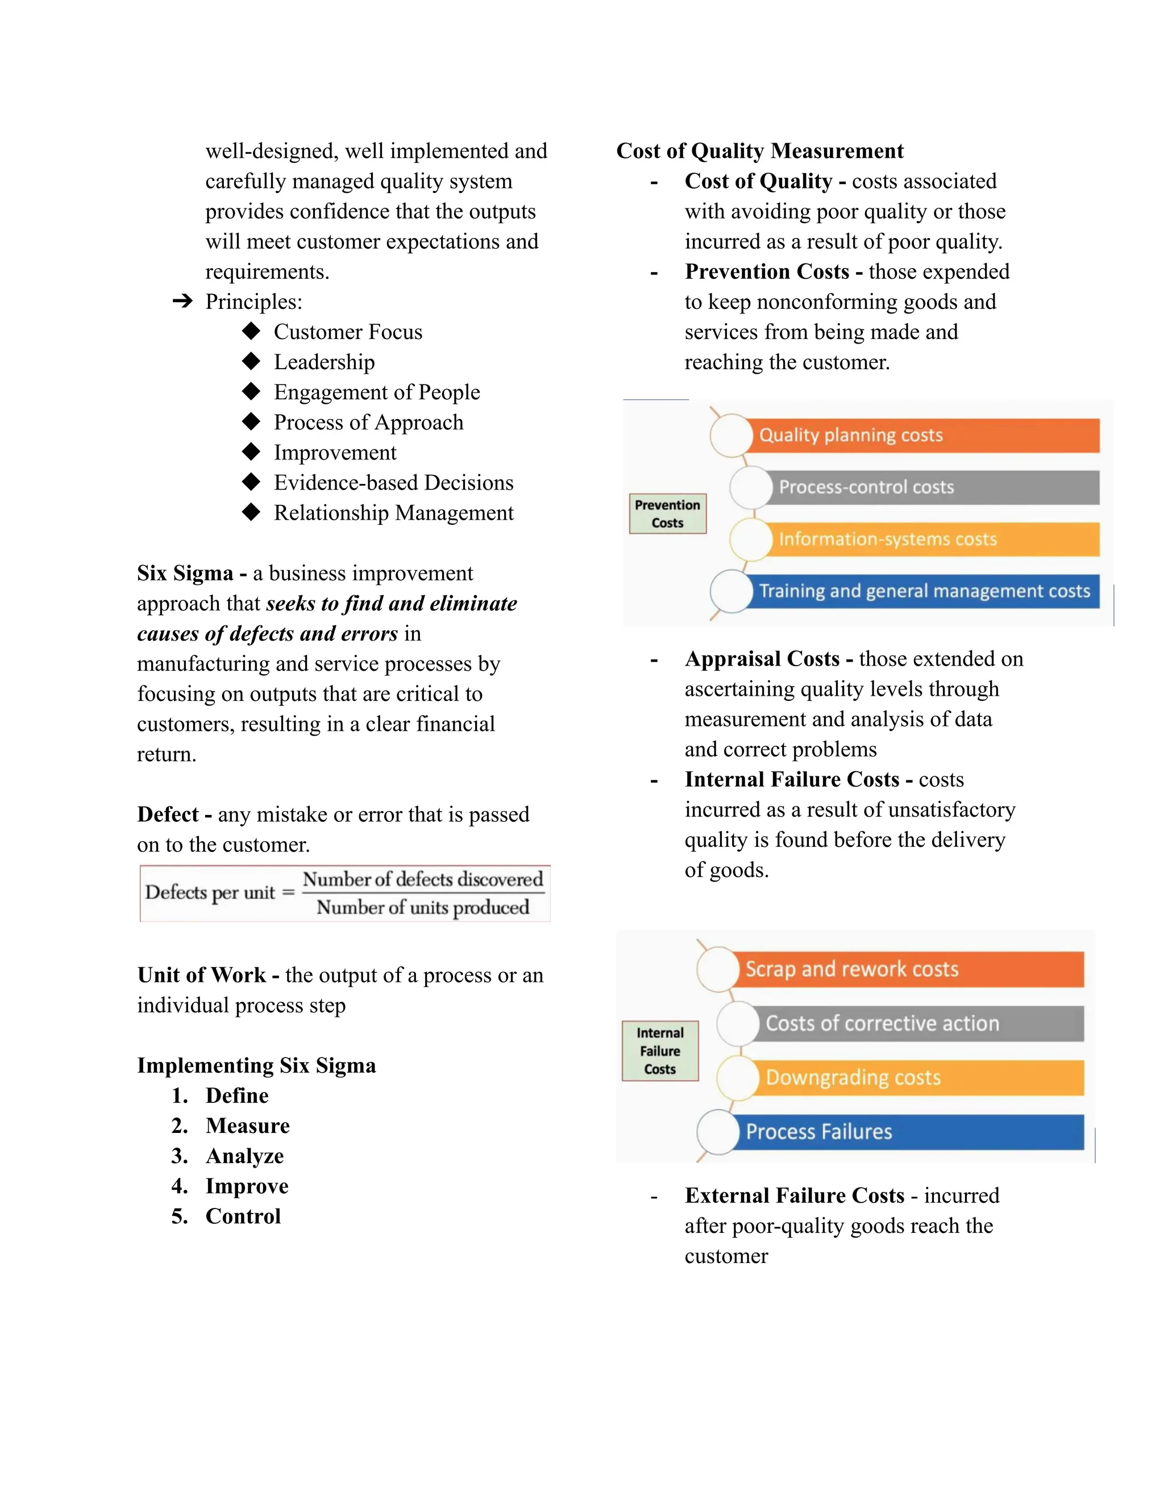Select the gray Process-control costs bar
(x=931, y=487)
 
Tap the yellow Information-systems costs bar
(x=931, y=539)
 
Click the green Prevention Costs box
(x=667, y=513)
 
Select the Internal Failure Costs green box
(x=659, y=1050)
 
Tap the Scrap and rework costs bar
(x=907, y=969)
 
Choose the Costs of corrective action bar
(x=917, y=1023)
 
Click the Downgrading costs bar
(x=917, y=1077)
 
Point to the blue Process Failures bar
(x=907, y=1131)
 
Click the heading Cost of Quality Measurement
(x=759, y=151)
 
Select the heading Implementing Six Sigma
(x=256, y=1065)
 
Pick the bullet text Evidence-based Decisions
(x=393, y=482)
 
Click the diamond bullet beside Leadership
(x=251, y=361)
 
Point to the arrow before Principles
(x=182, y=301)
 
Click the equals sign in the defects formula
(x=288, y=892)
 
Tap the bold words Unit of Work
(x=201, y=975)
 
